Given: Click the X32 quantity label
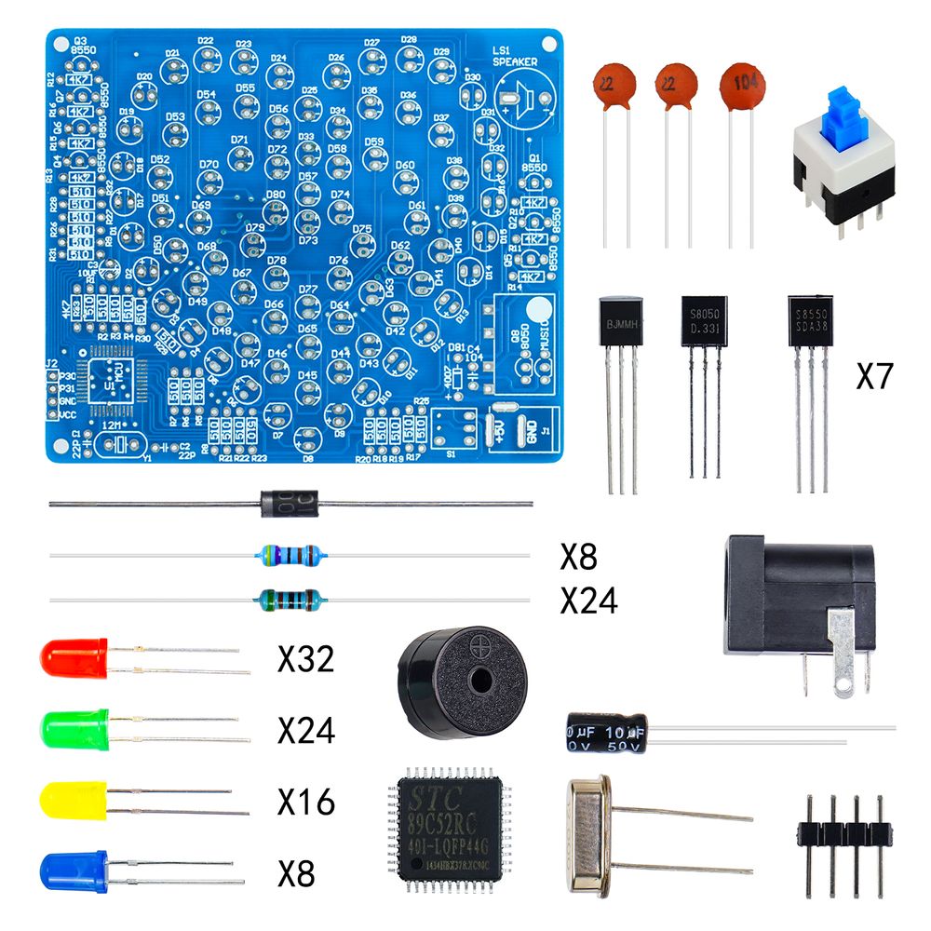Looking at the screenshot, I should click(x=305, y=660).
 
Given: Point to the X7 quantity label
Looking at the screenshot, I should click(x=874, y=377).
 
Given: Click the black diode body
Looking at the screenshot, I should click(x=290, y=504).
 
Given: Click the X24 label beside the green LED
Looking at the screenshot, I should click(x=305, y=731).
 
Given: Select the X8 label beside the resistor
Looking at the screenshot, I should click(x=578, y=556).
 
